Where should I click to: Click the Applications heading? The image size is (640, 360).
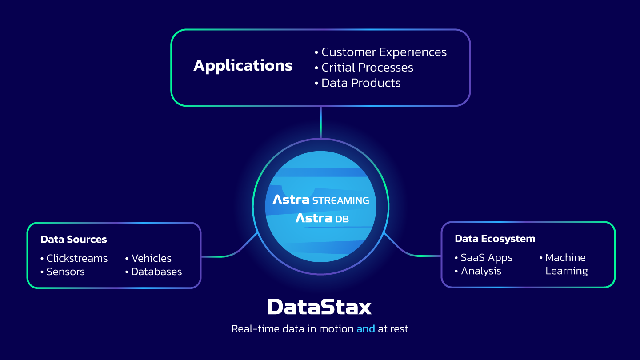click(x=243, y=66)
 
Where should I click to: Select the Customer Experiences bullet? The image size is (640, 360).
click(x=384, y=52)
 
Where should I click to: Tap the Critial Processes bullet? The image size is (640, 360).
click(x=367, y=68)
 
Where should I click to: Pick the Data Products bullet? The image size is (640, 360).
click(x=360, y=83)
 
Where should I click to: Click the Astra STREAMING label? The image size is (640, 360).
click(x=320, y=200)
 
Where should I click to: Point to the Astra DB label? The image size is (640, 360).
click(x=322, y=218)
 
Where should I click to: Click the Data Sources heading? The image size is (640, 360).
click(x=74, y=239)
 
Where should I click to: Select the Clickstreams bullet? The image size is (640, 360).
click(x=77, y=258)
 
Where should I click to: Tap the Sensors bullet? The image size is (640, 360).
click(x=65, y=272)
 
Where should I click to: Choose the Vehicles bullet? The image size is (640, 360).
click(x=151, y=258)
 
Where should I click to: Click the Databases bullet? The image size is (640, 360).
click(x=156, y=272)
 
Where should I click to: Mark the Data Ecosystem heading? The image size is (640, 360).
click(x=495, y=239)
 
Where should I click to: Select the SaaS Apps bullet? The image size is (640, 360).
click(x=486, y=257)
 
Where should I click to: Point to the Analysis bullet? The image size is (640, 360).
click(x=481, y=271)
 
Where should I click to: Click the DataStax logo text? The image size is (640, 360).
click(x=320, y=307)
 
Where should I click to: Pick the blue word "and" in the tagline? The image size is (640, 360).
click(x=365, y=329)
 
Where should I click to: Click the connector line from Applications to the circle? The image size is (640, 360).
click(x=320, y=122)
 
